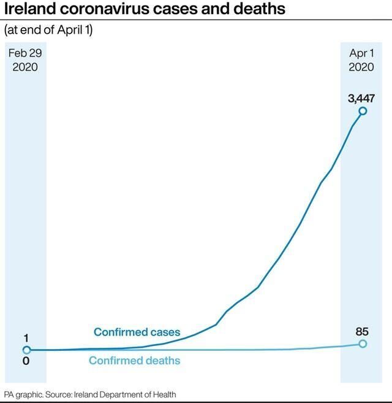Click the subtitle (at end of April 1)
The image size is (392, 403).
click(x=48, y=29)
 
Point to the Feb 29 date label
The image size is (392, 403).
click(x=25, y=53)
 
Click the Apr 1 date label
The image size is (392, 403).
click(x=361, y=53)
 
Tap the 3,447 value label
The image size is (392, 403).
click(x=361, y=98)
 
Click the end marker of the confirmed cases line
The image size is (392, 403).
click(x=363, y=111)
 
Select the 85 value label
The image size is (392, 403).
click(x=362, y=332)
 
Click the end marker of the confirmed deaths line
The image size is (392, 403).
click(x=363, y=344)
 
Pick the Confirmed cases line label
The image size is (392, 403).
click(x=137, y=332)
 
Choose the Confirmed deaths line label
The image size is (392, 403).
click(x=135, y=360)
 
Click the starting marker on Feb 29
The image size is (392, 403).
click(x=26, y=350)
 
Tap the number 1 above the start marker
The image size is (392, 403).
click(x=26, y=339)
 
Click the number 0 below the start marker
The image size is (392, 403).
click(x=26, y=362)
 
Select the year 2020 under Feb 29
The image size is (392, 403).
click(x=25, y=67)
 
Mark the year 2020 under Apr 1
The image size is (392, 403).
click(x=361, y=67)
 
